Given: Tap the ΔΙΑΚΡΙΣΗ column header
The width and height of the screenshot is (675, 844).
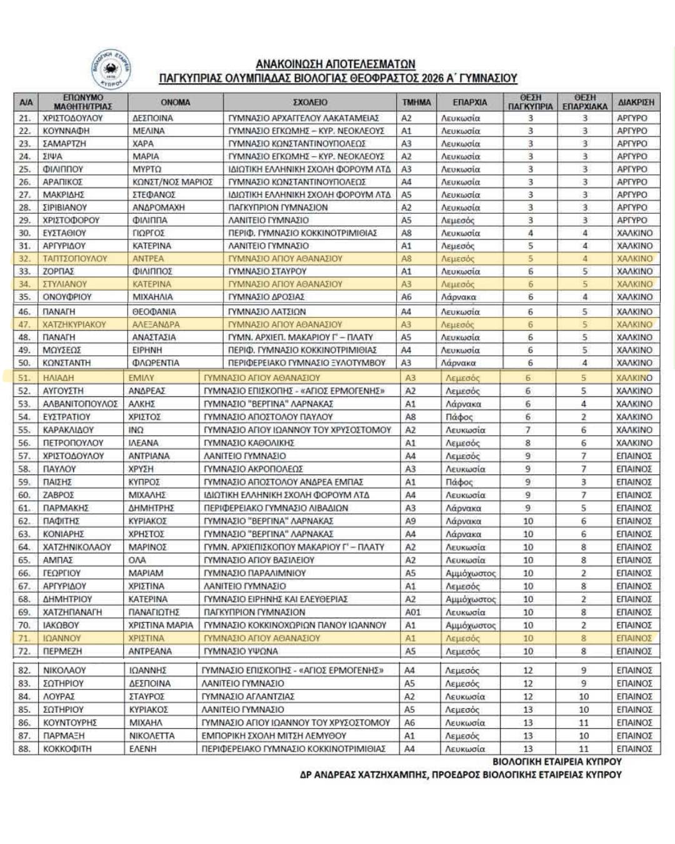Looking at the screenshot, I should [x=636, y=103].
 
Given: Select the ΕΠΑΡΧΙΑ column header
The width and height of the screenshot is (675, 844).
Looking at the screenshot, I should [x=470, y=103].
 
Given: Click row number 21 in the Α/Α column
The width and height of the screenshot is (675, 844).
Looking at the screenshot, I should [x=25, y=118].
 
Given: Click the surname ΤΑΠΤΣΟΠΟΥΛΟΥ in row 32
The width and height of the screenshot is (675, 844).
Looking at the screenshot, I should [x=75, y=259].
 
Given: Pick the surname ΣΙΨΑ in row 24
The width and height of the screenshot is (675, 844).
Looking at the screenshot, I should [x=52, y=156].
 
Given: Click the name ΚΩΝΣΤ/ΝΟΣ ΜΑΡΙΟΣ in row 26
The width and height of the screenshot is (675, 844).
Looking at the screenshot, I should [x=172, y=182].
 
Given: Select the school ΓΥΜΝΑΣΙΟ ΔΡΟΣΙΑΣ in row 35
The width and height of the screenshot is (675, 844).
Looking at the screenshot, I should [x=266, y=297].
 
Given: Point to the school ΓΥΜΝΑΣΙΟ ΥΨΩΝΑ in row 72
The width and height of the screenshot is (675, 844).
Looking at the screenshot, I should [x=241, y=651].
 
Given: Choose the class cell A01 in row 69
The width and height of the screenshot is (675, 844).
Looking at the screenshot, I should [x=413, y=613].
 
